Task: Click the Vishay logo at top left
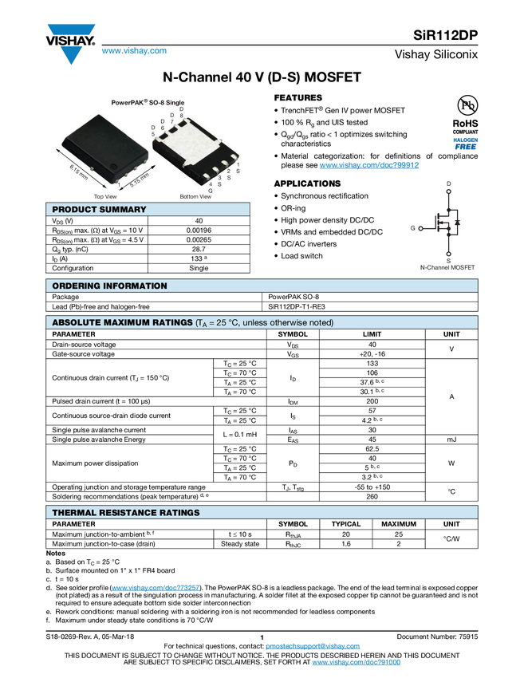70,43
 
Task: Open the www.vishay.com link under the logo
134,50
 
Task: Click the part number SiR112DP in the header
445,35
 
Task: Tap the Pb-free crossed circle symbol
467,105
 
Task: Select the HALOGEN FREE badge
465,144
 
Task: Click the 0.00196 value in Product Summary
199,231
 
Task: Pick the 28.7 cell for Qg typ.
199,249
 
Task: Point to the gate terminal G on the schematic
413,228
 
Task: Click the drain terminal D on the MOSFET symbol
449,183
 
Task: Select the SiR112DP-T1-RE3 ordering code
297,306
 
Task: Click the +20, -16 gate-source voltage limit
372,353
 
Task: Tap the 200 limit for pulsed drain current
372,401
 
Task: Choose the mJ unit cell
451,440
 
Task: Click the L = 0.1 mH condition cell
240,435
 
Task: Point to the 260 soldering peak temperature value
372,496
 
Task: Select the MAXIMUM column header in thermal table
399,523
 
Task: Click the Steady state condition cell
240,544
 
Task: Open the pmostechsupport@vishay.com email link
313,646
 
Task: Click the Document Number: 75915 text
437,637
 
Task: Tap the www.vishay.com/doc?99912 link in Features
369,165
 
